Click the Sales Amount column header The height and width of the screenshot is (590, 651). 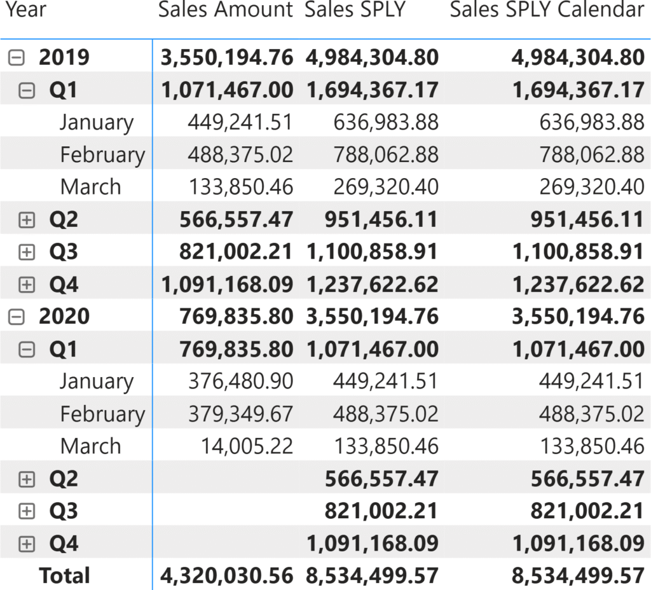coord(225,10)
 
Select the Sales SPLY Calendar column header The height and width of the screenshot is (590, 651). coord(547,10)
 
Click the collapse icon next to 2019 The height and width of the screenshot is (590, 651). coord(17,58)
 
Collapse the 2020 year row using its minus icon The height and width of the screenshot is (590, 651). coord(17,317)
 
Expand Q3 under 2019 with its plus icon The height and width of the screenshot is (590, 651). coord(26,252)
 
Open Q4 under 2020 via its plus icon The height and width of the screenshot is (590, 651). coord(26,544)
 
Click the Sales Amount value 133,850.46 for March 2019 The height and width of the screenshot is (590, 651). coord(241,187)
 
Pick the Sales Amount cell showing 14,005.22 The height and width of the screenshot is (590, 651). coord(247,446)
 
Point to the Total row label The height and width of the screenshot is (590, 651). coord(64,576)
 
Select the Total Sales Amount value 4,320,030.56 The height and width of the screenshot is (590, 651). coord(227,576)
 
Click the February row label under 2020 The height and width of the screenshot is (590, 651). coord(102,414)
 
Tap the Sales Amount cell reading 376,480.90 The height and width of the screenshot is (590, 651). coord(241,381)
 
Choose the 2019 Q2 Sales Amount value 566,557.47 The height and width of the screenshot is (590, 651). coord(236,220)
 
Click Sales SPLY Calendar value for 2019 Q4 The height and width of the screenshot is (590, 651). coord(578,284)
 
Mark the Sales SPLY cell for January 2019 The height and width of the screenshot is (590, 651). coord(386,123)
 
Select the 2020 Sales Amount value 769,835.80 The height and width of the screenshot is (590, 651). coord(236,317)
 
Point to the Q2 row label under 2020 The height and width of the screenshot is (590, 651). coord(64,479)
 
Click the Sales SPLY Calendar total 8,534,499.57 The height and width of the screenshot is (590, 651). coord(578,576)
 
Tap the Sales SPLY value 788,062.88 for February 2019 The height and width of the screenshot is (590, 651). coord(386,155)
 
